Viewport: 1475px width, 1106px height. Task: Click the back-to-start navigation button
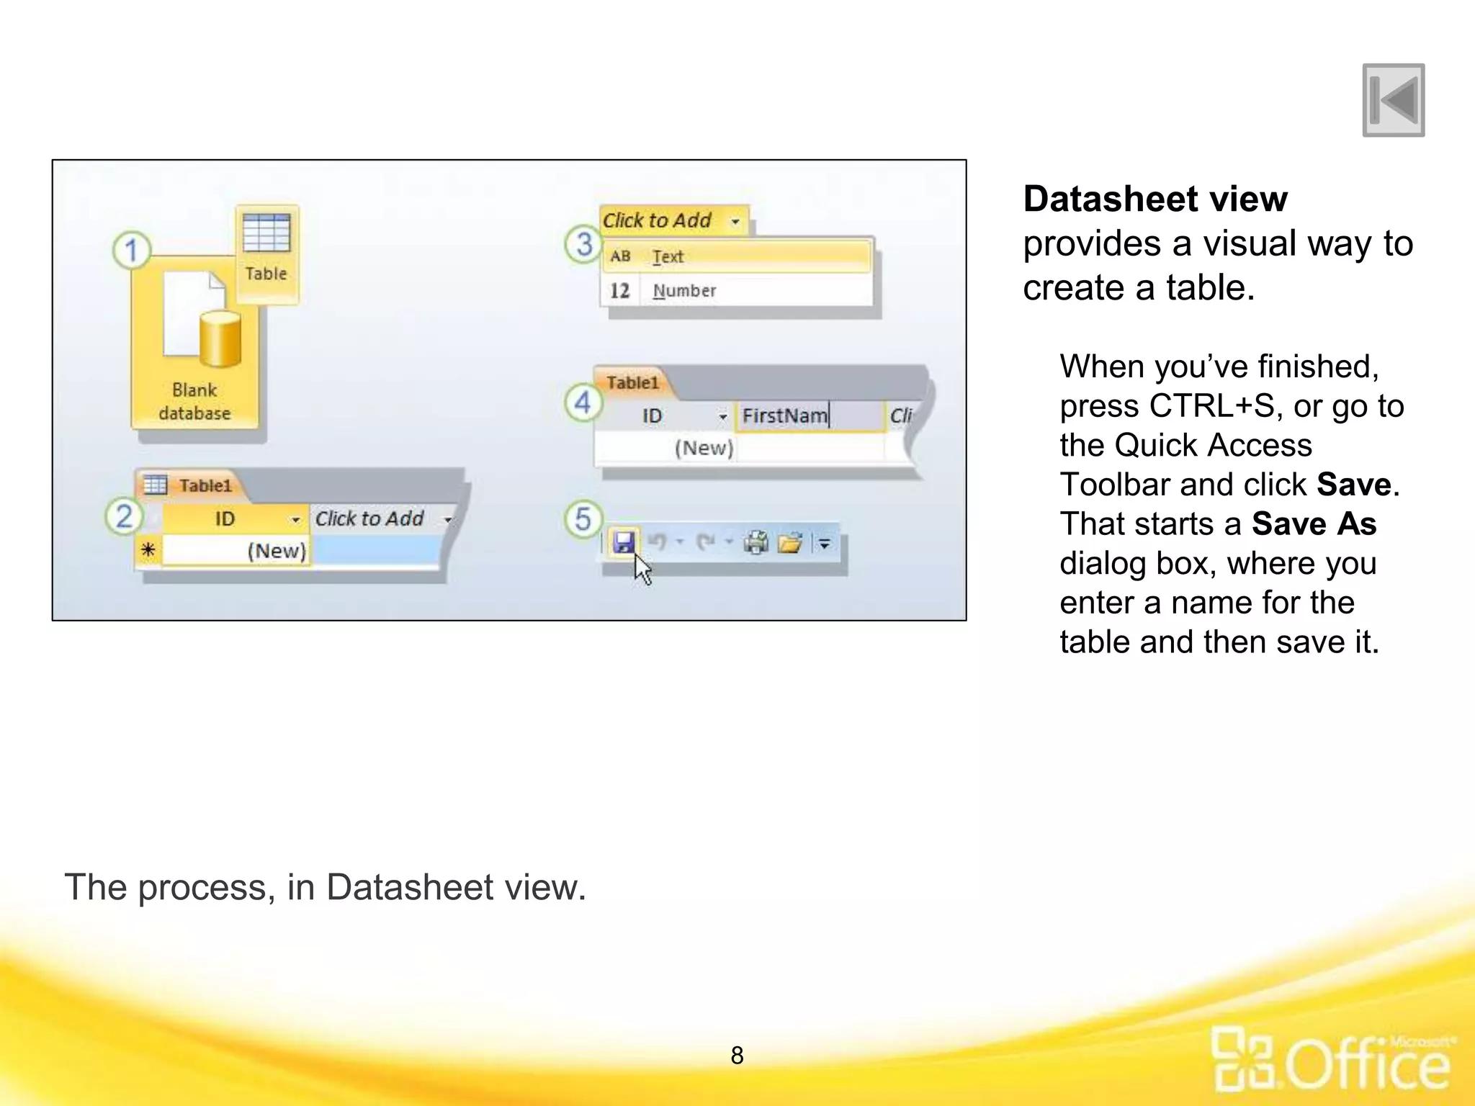1393,100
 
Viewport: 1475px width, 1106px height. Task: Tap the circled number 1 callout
131,250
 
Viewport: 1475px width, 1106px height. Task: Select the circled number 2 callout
124,516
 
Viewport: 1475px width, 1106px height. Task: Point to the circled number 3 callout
583,243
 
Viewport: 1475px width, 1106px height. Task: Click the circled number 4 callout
583,402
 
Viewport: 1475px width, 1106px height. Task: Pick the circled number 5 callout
583,518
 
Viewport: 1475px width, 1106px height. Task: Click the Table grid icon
266,232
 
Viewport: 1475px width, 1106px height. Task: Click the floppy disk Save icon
624,541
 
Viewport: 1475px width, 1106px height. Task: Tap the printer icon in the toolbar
756,542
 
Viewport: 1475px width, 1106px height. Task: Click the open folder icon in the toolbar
790,542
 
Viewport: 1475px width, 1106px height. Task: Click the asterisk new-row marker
148,550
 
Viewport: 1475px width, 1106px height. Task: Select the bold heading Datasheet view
1155,199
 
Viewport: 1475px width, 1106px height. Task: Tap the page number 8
737,1056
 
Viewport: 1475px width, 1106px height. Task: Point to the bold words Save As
1314,523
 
